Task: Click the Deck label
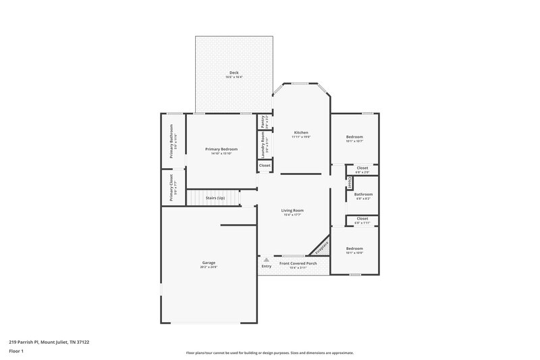point(234,73)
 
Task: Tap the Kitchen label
point(301,132)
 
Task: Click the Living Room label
point(292,210)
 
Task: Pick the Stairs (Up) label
point(215,198)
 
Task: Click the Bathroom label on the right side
point(363,195)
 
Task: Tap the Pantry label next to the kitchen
point(262,122)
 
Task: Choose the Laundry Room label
point(262,145)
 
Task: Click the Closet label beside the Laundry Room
point(265,165)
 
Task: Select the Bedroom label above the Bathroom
point(354,137)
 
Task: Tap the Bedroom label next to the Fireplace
point(354,249)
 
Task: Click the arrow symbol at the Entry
point(266,259)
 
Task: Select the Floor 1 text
point(16,351)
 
